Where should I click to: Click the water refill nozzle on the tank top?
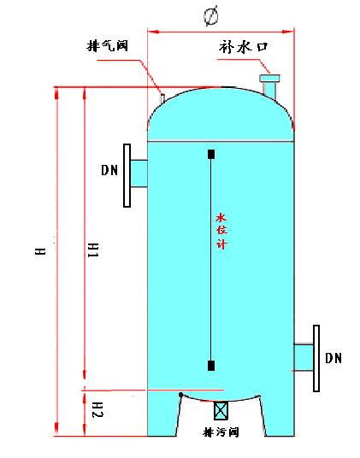271,86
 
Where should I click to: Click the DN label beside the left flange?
109,170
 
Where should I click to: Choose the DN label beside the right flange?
333,358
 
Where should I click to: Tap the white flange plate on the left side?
127,175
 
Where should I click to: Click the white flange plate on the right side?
316,356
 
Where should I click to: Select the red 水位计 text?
219,231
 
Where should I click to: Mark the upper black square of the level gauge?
211,154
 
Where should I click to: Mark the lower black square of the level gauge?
211,366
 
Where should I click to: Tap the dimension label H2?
96,408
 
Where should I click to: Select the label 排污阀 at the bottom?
220,432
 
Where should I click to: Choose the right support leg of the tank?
277,414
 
